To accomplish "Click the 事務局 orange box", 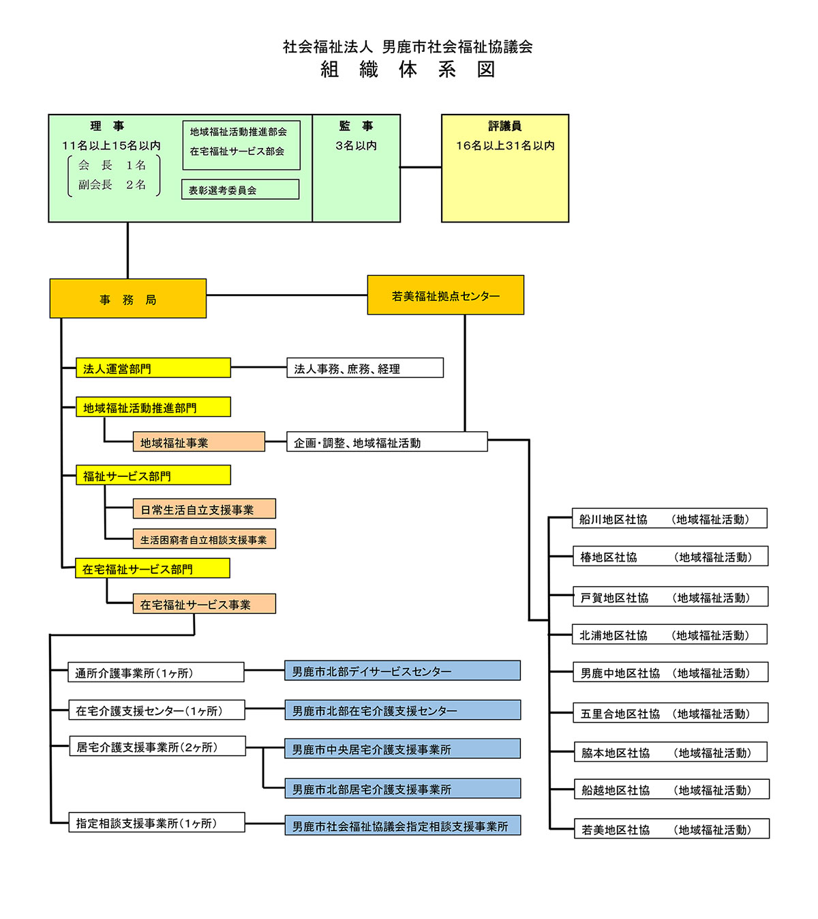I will pos(127,299).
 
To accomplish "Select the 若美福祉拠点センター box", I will pos(445,295).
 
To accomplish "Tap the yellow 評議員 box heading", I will pos(504,126).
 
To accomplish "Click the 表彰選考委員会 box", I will pos(240,190).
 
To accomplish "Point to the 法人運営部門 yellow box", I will pos(153,368).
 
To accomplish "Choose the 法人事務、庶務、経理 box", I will pos(365,368).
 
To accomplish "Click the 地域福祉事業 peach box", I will pos(199,442).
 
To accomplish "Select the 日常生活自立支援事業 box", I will pos(204,509).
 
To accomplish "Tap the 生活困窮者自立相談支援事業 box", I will pos(204,539).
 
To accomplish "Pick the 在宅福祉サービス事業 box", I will pos(204,604).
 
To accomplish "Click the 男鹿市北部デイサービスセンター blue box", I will pos(402,671).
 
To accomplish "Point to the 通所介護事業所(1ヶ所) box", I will pos(156,673).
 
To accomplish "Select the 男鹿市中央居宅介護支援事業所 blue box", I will pos(402,749).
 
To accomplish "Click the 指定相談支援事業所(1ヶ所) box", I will pos(157,823).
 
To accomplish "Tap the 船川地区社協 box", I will pos(669,519).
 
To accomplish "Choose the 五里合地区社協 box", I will pos(671,713).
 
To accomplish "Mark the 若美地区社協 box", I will pos(671,829).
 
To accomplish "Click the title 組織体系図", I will pos(408,70).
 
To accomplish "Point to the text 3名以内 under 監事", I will pos(356,145).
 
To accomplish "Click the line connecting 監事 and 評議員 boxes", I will pos(421,167).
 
